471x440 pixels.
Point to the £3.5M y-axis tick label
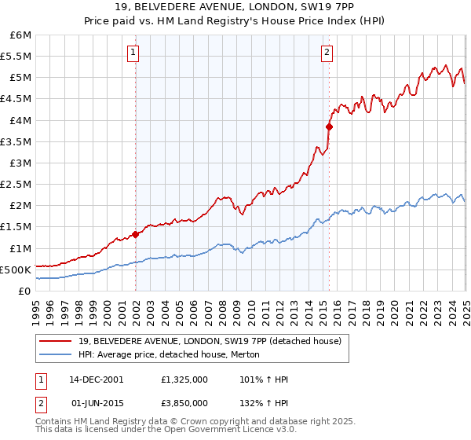[x=17, y=142]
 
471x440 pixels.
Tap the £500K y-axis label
[x=17, y=269]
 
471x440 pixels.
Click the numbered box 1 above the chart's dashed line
[x=133, y=53]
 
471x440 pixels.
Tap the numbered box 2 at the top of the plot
[x=327, y=53]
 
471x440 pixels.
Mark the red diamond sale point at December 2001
[x=136, y=233]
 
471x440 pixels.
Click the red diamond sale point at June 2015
[x=329, y=126]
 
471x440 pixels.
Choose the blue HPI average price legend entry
[x=173, y=355]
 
